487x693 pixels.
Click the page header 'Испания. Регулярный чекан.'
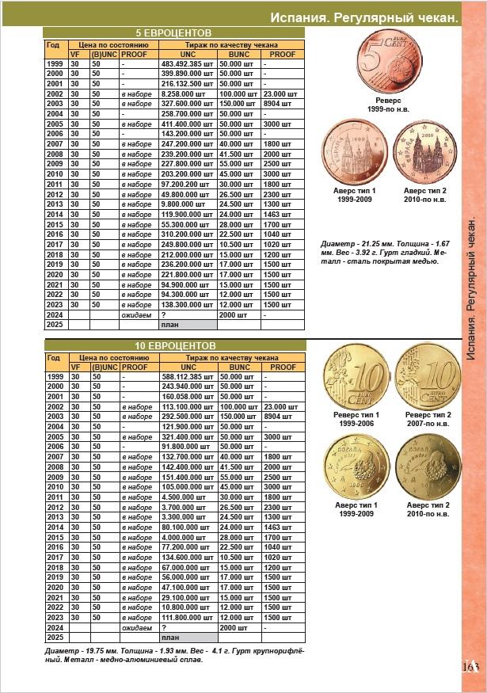pos(363,17)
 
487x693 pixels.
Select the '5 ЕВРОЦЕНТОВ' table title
pos(173,32)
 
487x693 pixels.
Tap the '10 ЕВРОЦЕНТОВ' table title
pos(173,346)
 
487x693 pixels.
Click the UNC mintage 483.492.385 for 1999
pos(187,63)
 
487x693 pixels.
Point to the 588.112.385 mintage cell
pos(187,376)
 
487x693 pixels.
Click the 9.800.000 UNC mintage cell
pos(187,204)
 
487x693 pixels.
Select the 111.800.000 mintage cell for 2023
pos(187,617)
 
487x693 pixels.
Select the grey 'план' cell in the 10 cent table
pos(188,637)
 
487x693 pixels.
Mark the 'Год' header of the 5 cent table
pos(53,44)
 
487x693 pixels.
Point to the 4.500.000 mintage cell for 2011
pos(187,497)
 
